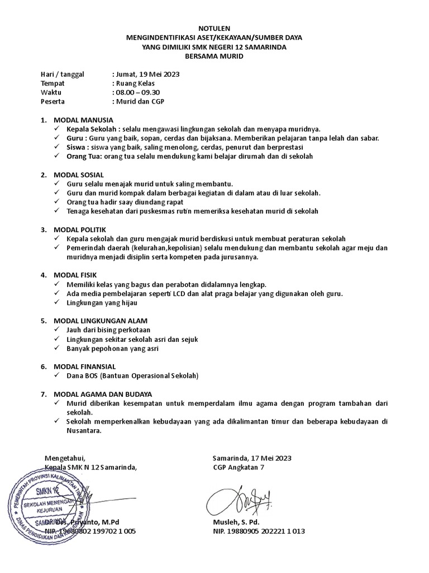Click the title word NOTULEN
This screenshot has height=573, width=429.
tap(214, 29)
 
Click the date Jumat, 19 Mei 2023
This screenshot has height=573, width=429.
tap(147, 74)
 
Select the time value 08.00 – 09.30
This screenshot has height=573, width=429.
tap(137, 92)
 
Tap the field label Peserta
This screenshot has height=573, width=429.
tap(53, 101)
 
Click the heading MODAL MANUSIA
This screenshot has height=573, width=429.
tap(83, 120)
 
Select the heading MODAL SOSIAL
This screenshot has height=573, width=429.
tap(79, 175)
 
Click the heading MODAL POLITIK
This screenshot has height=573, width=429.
tap(80, 229)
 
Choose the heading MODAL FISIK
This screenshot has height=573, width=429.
tap(75, 275)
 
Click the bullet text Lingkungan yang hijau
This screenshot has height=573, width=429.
tap(102, 302)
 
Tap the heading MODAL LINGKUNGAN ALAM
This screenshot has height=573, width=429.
tap(101, 321)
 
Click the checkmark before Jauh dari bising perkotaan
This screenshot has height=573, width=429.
tap(58, 330)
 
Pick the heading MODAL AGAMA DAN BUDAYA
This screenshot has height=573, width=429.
tap(103, 393)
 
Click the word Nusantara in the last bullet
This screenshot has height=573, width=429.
tap(84, 431)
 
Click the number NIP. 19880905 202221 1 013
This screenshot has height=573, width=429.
tap(259, 531)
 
